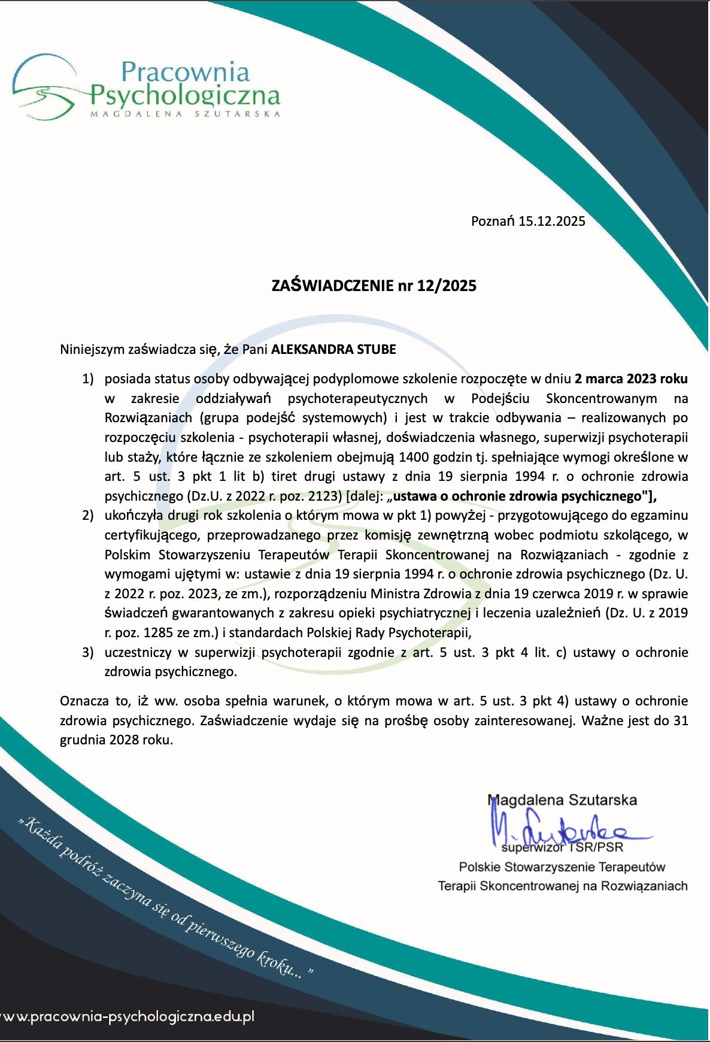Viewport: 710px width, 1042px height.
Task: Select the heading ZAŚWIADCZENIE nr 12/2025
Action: click(x=374, y=286)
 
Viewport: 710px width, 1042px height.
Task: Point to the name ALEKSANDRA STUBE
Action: click(x=333, y=349)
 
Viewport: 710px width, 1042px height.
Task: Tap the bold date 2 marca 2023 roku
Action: click(x=630, y=378)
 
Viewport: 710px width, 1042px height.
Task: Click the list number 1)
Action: click(x=88, y=379)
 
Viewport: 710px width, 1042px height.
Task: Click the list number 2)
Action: click(x=88, y=516)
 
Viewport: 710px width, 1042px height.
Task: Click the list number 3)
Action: click(x=88, y=652)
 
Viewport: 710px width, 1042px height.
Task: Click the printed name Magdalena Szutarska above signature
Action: click(x=563, y=800)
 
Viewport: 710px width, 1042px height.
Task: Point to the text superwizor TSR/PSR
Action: click(x=563, y=847)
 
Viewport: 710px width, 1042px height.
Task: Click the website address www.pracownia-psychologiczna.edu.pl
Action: click(x=128, y=1016)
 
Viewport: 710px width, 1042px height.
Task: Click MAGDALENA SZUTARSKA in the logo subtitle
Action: click(x=185, y=113)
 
